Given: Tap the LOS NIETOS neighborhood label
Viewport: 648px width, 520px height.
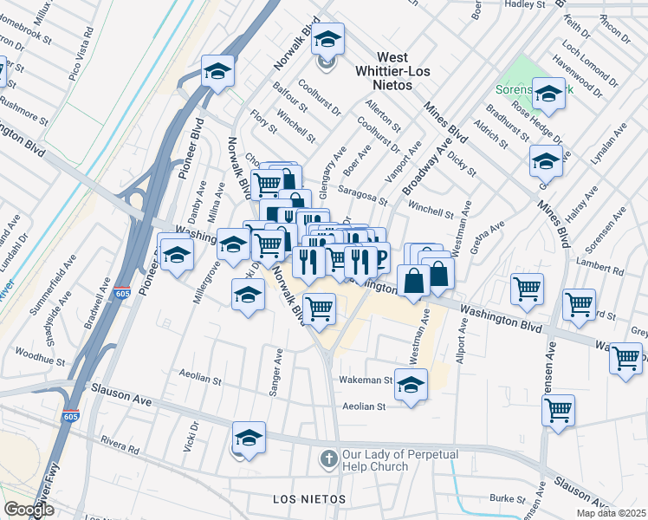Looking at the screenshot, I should tap(309, 500).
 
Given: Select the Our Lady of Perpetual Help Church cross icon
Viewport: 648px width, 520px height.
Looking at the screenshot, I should tap(328, 457).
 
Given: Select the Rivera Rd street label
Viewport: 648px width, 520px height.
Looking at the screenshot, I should tap(120, 446).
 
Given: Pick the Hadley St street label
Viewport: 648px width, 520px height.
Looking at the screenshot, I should tap(529, 4).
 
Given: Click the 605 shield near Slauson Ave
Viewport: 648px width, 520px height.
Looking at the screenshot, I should tap(70, 417).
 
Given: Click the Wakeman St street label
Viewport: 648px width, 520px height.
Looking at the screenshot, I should tap(365, 380).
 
